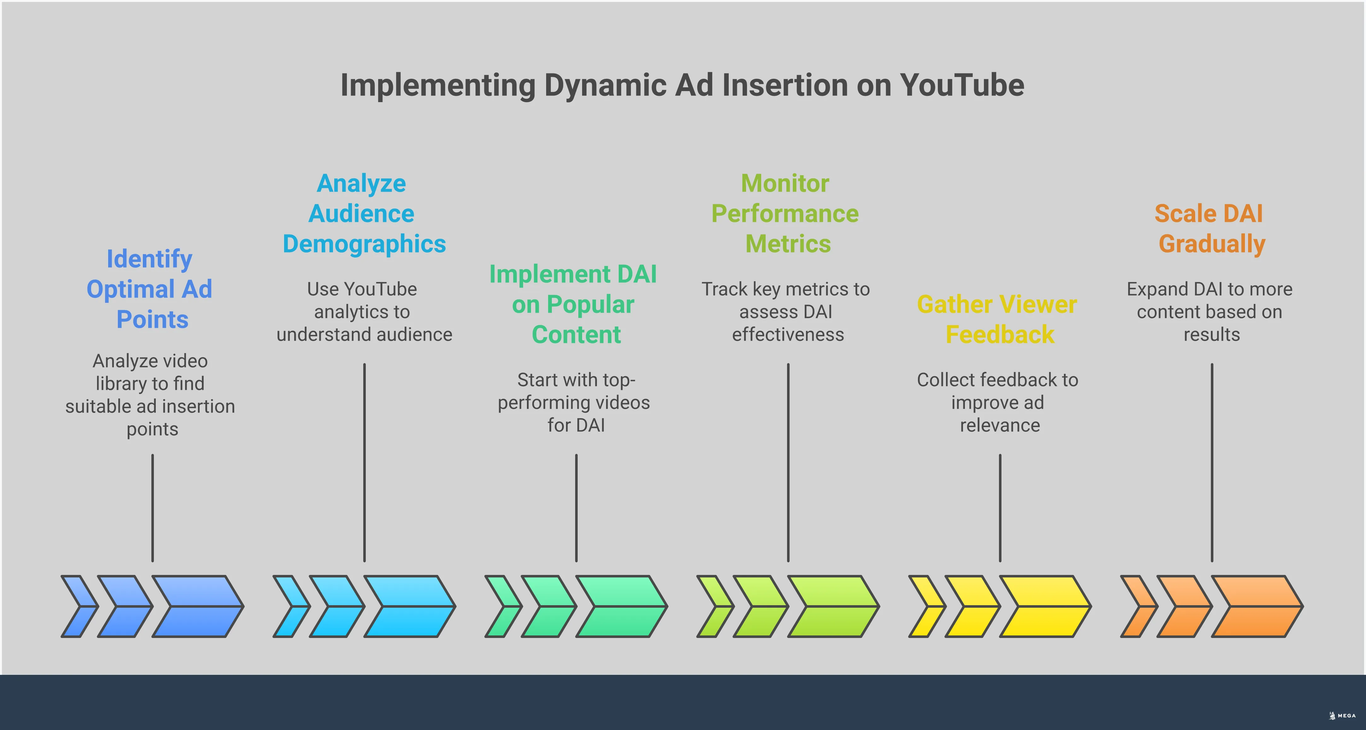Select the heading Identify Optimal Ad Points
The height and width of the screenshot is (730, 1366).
(x=150, y=289)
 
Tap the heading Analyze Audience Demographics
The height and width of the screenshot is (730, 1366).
(x=364, y=214)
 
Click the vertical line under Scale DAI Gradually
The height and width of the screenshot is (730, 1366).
(x=1212, y=461)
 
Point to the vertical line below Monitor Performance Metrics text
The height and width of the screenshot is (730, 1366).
(x=788, y=461)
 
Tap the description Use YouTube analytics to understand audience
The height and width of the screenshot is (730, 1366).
(x=364, y=312)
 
